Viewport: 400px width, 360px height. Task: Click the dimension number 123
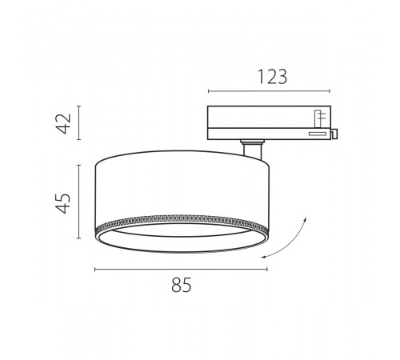click(272, 77)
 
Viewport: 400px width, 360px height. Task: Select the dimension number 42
click(65, 123)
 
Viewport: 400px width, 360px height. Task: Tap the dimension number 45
click(64, 203)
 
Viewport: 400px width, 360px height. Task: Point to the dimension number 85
click(182, 285)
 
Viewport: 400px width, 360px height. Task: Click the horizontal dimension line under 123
click(269, 91)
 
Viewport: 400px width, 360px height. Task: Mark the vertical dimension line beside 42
click(78, 122)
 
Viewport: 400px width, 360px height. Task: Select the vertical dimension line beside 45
click(78, 202)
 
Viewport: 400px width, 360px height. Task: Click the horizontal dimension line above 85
click(181, 270)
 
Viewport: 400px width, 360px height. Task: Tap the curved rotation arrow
click(290, 244)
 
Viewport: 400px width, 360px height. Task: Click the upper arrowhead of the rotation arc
click(305, 218)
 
